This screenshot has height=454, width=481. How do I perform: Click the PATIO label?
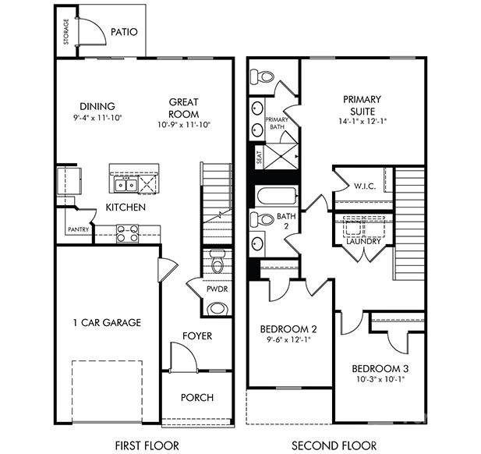[124, 33]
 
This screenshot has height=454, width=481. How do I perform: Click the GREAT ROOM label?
[184, 107]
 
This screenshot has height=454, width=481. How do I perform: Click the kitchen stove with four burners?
[127, 232]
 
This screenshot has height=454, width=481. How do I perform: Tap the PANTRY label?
[77, 229]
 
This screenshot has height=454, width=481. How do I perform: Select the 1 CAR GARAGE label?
[107, 322]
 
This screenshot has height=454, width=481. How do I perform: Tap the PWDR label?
[216, 289]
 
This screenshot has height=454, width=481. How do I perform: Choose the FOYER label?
[197, 336]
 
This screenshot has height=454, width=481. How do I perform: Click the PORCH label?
[197, 397]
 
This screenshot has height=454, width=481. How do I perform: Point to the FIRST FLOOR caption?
[147, 445]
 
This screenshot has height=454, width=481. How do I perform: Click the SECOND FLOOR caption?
[334, 445]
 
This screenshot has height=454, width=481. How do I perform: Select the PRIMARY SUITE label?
[360, 105]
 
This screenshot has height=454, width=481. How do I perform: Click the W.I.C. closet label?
[365, 186]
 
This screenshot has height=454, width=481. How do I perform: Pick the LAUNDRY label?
[363, 241]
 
